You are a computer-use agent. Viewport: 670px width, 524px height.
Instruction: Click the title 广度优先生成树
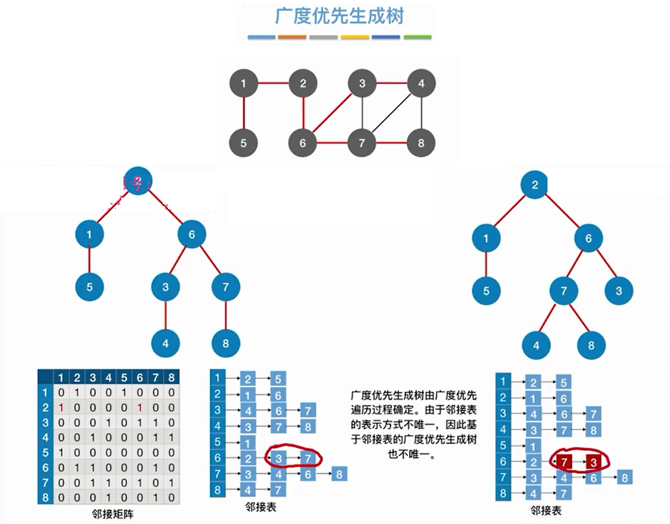339,15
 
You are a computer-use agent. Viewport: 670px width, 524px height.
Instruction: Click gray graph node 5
244,143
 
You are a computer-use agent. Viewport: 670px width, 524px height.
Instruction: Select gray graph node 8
421,143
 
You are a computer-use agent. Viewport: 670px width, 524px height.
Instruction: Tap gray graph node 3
362,83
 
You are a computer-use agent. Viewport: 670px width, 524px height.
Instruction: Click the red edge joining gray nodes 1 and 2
273,83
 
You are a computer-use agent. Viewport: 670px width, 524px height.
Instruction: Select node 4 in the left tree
165,344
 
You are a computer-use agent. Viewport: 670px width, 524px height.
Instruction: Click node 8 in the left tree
225,344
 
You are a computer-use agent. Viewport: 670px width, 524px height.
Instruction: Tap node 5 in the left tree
90,287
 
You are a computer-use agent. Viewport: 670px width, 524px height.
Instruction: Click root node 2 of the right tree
535,185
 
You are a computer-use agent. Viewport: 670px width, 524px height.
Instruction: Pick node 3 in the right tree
619,291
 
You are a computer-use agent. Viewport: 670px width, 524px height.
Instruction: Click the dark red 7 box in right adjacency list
563,461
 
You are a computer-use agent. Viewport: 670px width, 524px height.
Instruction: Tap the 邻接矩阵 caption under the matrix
112,514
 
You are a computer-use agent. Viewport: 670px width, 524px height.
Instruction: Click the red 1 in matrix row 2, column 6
139,408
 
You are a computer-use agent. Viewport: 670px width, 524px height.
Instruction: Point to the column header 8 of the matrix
170,378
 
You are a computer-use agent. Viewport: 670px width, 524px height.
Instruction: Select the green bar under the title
417,37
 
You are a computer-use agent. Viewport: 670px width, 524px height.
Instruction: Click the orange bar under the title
292,37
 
